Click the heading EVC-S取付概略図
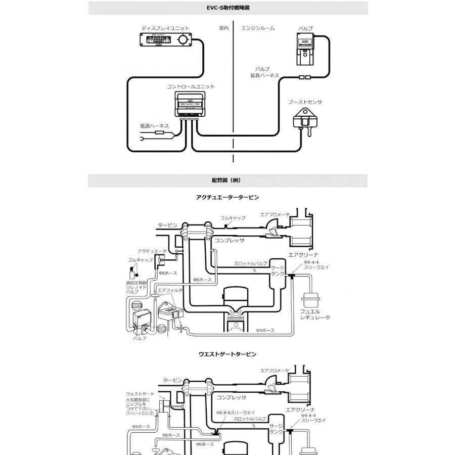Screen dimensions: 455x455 [227, 8]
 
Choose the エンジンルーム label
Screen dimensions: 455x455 [258, 28]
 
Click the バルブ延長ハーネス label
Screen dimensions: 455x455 [264, 72]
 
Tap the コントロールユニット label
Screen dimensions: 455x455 [191, 86]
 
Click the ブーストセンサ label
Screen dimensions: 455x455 [305, 102]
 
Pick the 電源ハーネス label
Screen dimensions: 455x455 [154, 125]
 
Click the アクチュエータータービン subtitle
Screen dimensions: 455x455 [227, 197]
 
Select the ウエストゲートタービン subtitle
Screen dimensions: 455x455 [227, 354]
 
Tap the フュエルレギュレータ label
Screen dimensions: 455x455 [315, 314]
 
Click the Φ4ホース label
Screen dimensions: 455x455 [265, 330]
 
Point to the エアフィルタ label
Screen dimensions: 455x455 [170, 290]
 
